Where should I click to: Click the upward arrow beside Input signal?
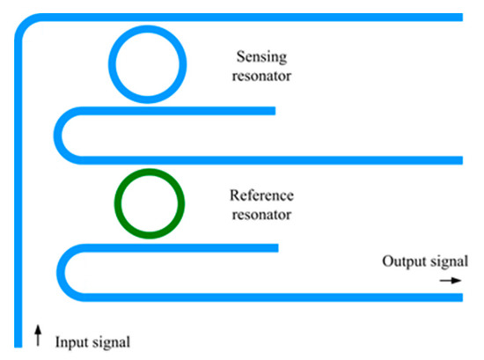click(38, 333)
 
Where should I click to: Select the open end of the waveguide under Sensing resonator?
click(273, 111)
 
